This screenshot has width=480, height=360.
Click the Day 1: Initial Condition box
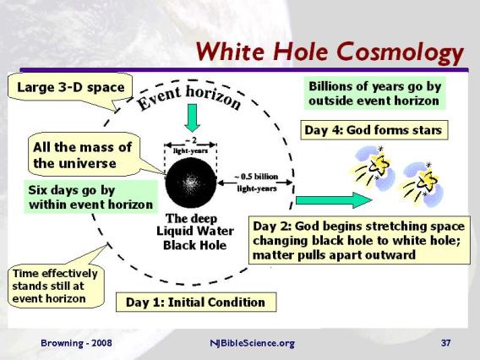pyautogui.click(x=195, y=302)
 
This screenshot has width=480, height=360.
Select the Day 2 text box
pyautogui.click(x=359, y=240)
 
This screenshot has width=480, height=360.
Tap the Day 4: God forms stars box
pyautogui.click(x=372, y=131)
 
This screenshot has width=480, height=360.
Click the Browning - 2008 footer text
pyautogui.click(x=75, y=343)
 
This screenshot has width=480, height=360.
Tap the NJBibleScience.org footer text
pyautogui.click(x=252, y=343)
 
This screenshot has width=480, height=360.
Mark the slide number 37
pyautogui.click(x=446, y=343)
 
